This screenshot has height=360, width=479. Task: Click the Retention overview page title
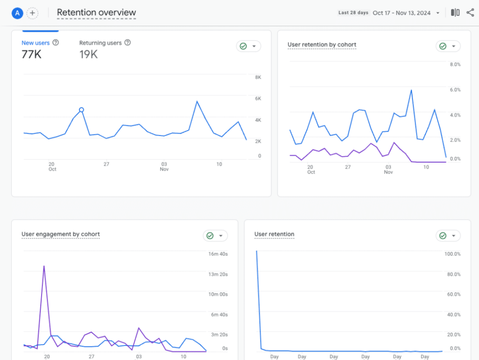(x=96, y=13)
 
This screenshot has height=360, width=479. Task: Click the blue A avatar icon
(x=17, y=13)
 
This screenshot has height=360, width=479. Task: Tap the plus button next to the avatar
(x=32, y=13)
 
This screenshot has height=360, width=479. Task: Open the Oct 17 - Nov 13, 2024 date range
(x=401, y=13)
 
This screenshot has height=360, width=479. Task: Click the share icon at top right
(x=470, y=13)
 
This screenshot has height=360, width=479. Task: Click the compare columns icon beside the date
(x=455, y=13)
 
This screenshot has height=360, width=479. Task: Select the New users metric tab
(x=36, y=43)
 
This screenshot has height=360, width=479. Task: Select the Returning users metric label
(x=100, y=43)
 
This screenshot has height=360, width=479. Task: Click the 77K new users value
(x=31, y=55)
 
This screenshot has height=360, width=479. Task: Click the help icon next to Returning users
(x=128, y=43)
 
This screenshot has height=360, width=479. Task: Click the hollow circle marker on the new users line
(x=81, y=110)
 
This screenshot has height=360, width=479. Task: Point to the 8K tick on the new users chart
(x=258, y=78)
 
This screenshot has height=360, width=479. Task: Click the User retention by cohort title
(x=322, y=45)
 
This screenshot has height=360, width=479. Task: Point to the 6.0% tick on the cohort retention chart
(x=455, y=90)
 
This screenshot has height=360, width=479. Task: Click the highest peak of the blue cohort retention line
(x=411, y=90)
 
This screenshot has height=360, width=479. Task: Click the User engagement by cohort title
(x=60, y=234)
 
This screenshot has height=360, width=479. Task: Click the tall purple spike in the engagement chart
(x=44, y=266)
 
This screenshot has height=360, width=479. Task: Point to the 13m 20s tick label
(x=218, y=274)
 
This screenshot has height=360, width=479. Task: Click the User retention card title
(x=274, y=234)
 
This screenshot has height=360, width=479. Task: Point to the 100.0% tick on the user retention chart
(x=452, y=254)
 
